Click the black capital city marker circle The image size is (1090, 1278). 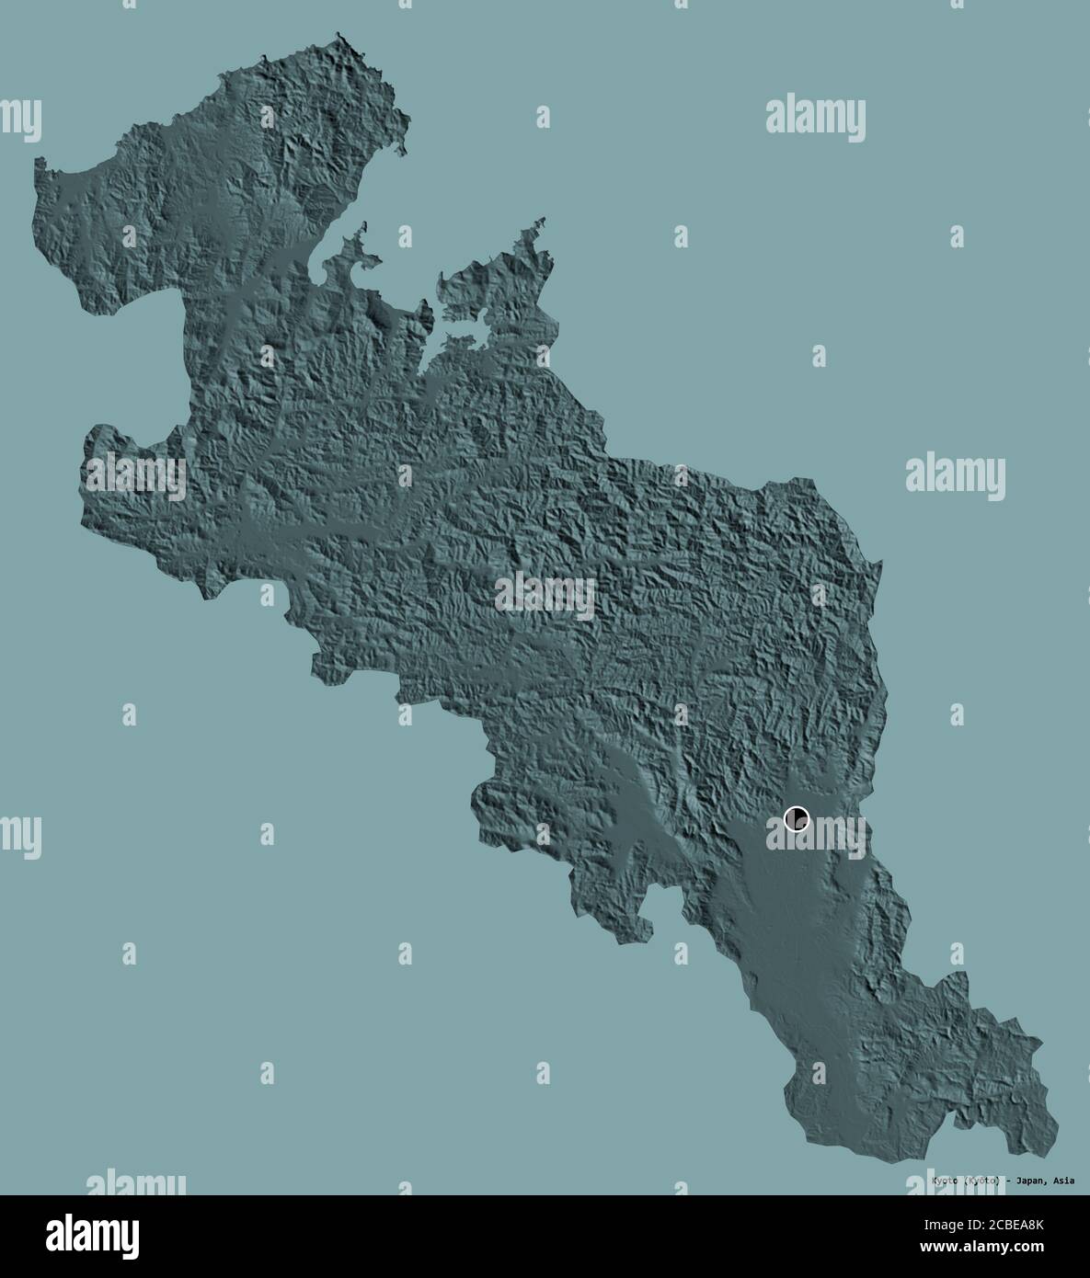797,817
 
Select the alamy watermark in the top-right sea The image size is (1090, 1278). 815,118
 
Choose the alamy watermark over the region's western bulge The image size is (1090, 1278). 135,477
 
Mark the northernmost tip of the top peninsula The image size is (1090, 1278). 340,37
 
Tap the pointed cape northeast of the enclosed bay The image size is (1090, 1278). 543,221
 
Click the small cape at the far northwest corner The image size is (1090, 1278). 40,162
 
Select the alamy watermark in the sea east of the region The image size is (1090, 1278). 955,476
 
